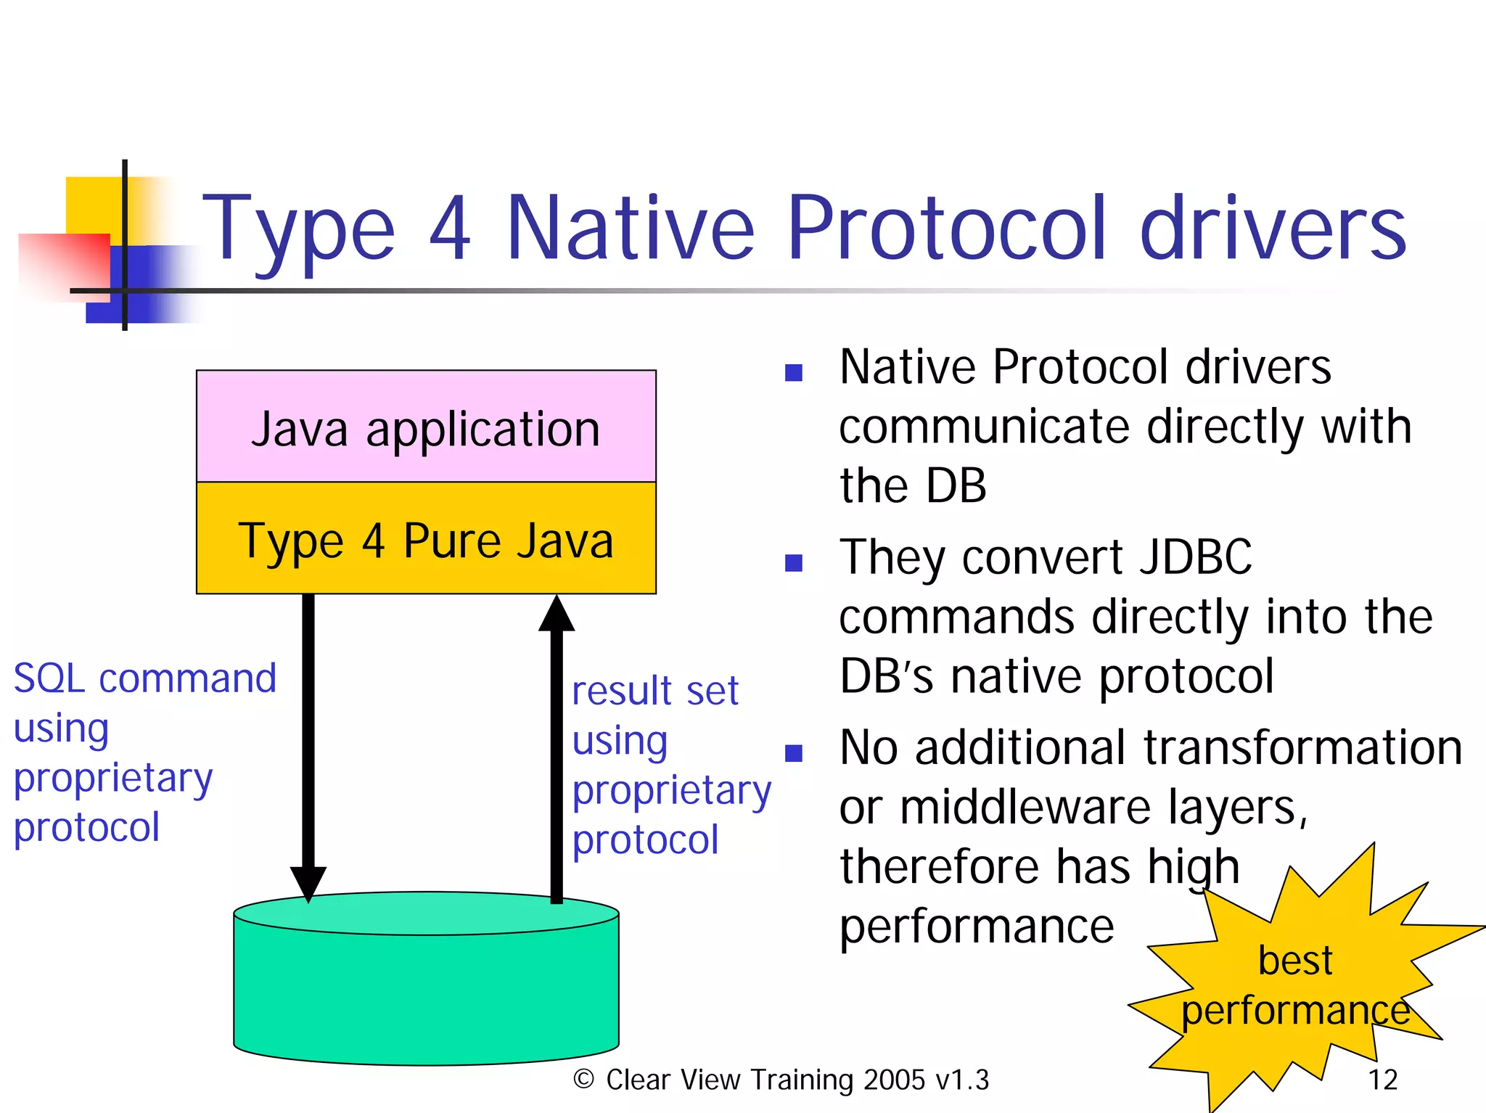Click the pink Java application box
tap(426, 427)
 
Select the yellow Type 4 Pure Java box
tap(426, 538)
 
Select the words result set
tap(654, 690)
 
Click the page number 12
tap(1382, 1080)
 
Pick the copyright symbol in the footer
tap(584, 1079)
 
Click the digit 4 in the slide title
tap(451, 229)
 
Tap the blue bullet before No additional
tap(794, 753)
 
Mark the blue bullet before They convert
tap(794, 563)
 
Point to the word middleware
tap(1025, 807)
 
